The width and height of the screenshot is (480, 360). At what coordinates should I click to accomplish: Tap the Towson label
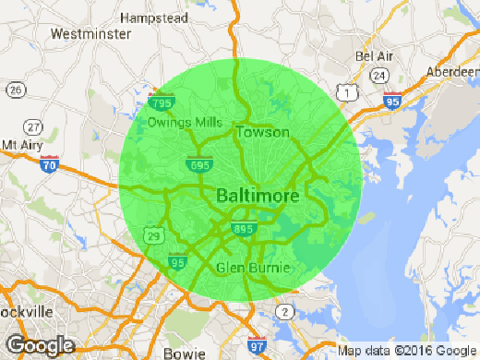click(258, 133)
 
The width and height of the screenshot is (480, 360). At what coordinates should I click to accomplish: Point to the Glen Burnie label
click(252, 268)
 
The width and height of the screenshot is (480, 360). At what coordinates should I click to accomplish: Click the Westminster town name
click(89, 34)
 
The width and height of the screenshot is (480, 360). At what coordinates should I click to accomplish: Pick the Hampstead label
click(154, 18)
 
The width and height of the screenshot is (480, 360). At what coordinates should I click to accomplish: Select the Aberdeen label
click(454, 72)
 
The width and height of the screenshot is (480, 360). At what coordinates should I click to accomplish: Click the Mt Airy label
click(21, 145)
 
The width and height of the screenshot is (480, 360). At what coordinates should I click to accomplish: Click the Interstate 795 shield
click(162, 102)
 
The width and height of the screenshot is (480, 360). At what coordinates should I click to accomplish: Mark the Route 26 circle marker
click(15, 90)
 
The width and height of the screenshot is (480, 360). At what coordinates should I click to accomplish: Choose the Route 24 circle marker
click(379, 74)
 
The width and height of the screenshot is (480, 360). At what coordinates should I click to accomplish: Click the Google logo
click(38, 345)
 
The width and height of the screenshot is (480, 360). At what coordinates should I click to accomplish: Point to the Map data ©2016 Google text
click(405, 351)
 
